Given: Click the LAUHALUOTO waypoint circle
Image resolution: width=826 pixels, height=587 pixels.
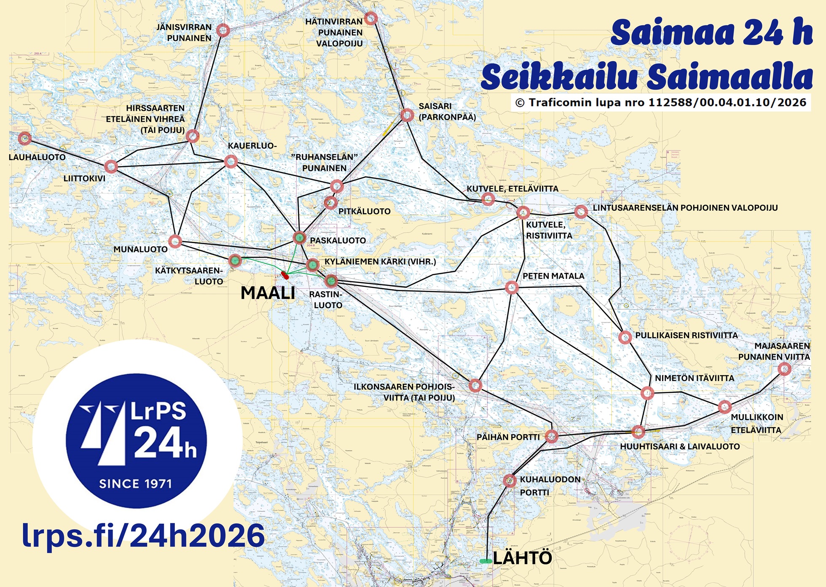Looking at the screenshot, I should click(x=24, y=138).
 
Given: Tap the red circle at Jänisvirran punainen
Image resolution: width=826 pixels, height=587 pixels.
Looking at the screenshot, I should click(x=223, y=30).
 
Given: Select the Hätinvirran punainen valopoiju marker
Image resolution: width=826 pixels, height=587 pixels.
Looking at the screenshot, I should click(x=370, y=18).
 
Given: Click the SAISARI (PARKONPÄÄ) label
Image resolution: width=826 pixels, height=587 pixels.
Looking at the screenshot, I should click(x=447, y=112).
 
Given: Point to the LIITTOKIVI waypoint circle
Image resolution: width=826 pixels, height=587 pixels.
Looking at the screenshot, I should click(x=110, y=166).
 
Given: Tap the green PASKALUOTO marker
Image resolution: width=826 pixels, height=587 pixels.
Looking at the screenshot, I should click(x=299, y=238).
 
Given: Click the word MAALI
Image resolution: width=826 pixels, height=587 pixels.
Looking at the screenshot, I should click(x=268, y=293).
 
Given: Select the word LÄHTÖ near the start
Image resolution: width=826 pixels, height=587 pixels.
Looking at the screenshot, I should click(x=522, y=558).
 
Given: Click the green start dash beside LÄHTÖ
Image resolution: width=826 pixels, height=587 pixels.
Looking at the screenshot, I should click(x=485, y=561).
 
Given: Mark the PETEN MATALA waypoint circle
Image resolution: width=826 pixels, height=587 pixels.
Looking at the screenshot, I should click(x=512, y=287).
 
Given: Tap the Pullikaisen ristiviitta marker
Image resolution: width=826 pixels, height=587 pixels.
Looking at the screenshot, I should click(x=625, y=337).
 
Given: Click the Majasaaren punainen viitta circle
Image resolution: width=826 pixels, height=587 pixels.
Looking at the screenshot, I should click(x=784, y=369).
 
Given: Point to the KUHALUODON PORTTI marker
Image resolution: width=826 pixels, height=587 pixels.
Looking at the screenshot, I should click(x=510, y=480).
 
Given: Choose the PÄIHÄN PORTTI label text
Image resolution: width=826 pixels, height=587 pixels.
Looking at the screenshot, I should click(x=508, y=437).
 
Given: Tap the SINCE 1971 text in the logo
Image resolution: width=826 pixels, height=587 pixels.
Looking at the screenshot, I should click(x=135, y=483).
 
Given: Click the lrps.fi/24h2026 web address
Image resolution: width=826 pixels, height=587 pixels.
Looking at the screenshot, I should click(x=143, y=536).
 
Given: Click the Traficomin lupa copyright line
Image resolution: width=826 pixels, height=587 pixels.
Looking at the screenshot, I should click(x=660, y=102).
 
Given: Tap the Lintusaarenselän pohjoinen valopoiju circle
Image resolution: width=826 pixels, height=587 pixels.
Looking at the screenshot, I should click(x=581, y=212).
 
